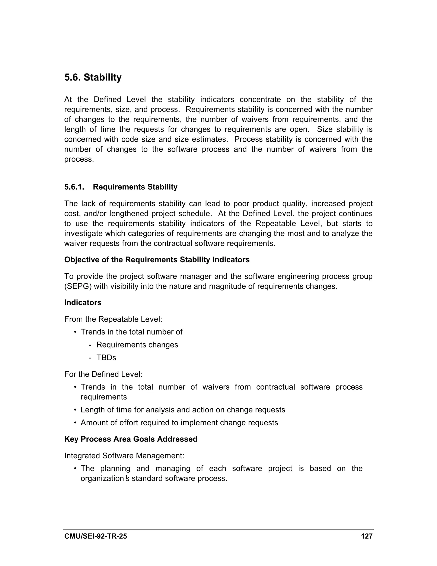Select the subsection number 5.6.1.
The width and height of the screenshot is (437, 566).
74,187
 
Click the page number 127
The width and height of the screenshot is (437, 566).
367,536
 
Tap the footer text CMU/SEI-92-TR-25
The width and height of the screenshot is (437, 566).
96,536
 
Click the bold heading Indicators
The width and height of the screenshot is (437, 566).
83,302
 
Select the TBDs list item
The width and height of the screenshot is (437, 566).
106,358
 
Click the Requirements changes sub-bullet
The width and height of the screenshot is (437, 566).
137,345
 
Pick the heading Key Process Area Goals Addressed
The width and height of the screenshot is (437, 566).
131,439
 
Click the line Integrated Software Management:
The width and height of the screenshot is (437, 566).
124,456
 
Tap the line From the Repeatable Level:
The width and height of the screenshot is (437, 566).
113,319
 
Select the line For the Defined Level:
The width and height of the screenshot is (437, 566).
103,374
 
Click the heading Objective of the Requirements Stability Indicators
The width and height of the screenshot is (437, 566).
157,260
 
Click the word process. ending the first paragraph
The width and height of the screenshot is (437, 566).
79,159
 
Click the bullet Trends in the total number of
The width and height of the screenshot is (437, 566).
131,332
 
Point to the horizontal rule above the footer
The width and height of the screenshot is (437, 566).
218,530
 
